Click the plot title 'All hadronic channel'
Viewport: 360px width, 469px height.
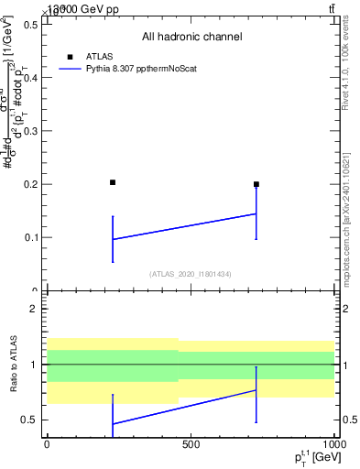(x=191, y=37)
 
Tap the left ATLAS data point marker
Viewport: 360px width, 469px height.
(x=113, y=182)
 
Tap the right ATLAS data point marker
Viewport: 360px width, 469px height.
(x=256, y=184)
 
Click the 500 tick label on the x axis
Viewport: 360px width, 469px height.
(x=191, y=443)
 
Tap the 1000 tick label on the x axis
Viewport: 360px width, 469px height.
(x=333, y=443)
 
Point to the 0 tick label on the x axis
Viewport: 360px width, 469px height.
(x=47, y=443)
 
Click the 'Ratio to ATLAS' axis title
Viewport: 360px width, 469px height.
(x=12, y=364)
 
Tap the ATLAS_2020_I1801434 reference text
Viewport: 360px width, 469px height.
(x=191, y=274)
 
